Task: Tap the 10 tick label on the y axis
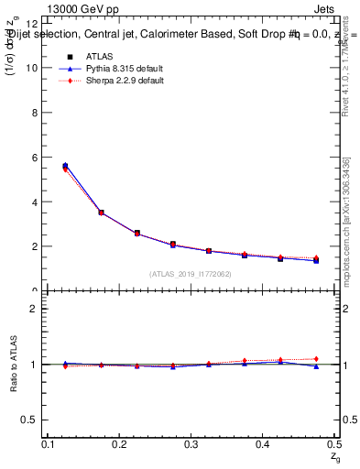pos(32,68)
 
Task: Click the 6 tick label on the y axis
pos(35,158)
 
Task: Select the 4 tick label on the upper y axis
pos(35,202)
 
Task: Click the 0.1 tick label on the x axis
pos(49,443)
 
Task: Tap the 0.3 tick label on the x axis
pos(191,443)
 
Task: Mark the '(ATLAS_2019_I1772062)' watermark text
pos(191,274)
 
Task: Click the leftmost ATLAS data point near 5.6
pos(65,166)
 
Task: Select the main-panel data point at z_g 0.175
pos(101,213)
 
